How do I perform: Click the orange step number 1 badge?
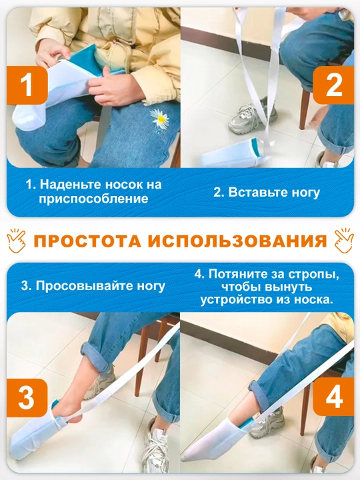pos(27,85)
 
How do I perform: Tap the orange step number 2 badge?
pos(334,85)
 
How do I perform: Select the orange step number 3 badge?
pos(27,397)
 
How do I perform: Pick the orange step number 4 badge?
pos(334,397)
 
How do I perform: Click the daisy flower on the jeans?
pos(159,119)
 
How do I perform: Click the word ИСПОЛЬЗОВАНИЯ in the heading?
pos(237,241)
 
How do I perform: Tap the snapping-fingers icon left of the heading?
pos(17,241)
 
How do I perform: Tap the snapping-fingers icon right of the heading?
pos(344,241)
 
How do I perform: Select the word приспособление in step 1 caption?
pos(93,199)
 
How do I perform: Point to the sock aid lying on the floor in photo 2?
pos(233,154)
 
